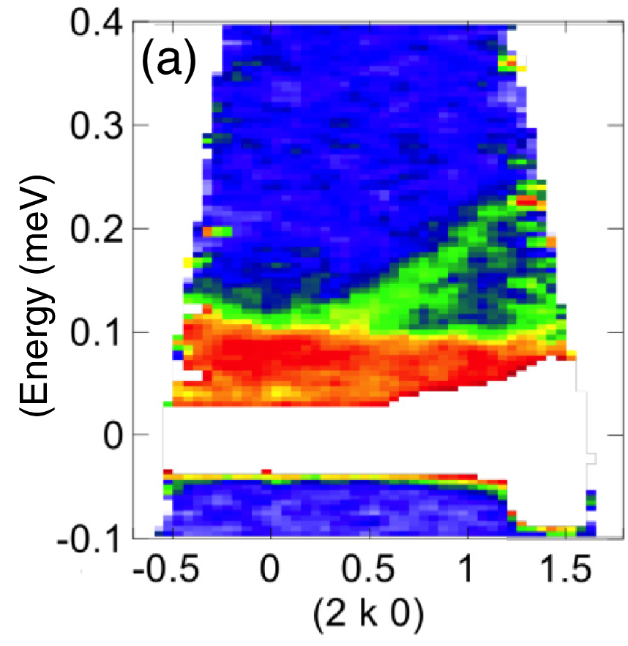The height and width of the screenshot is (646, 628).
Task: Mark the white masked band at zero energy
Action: pos(366,439)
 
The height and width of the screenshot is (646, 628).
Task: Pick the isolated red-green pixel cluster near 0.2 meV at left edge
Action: pos(218,232)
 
